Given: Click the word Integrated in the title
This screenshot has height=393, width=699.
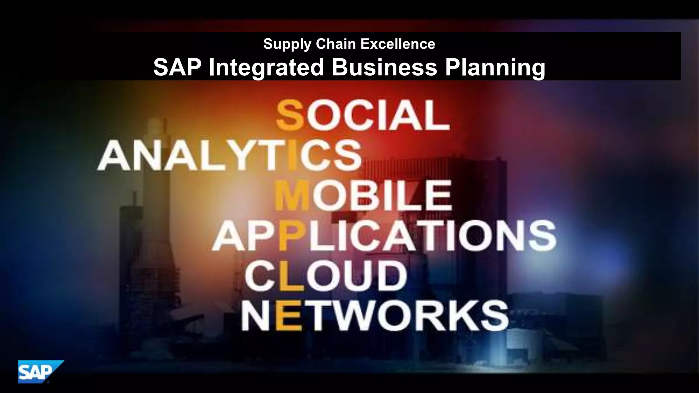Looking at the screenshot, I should pos(266,67).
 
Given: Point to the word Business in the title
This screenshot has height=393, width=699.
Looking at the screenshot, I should pos(384,67).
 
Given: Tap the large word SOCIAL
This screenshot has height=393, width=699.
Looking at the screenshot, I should pos(363,116).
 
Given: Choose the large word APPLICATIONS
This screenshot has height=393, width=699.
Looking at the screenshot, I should pos(384,236).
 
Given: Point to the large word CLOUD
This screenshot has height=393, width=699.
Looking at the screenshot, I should pos(326,276).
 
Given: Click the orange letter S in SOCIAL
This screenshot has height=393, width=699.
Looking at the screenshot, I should pos(290,116).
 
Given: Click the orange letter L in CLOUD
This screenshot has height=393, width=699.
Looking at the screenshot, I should pos(290,276).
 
